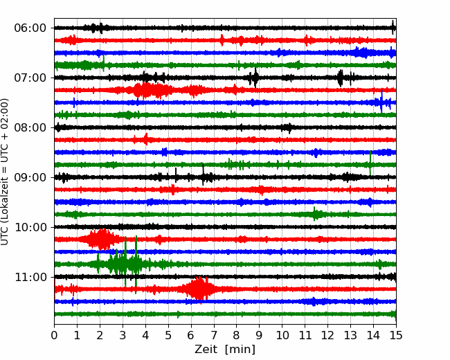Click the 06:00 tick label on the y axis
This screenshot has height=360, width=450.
(30, 28)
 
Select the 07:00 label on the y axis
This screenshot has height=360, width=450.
(30, 78)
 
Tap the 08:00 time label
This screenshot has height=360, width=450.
(30, 127)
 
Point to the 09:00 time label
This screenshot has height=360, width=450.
(30, 177)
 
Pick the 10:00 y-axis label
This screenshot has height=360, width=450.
(30, 227)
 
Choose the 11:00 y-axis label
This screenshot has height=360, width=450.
(30, 277)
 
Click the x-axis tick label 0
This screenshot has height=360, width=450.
(54, 335)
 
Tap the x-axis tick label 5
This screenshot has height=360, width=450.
(168, 335)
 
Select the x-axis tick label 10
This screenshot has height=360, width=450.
(282, 335)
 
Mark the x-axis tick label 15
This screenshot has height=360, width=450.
(396, 335)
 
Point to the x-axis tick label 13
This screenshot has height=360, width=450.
(350, 335)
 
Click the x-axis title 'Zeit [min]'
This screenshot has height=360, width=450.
(225, 350)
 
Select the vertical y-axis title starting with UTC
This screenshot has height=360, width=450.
(4, 172)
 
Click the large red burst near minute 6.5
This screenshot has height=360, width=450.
(199, 289)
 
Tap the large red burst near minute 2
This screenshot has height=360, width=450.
(101, 239)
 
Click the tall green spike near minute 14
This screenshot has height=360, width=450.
(370, 163)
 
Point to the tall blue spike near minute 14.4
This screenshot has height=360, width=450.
(381, 101)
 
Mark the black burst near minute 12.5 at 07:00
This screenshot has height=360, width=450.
(341, 78)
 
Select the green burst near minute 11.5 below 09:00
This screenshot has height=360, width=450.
(316, 214)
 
